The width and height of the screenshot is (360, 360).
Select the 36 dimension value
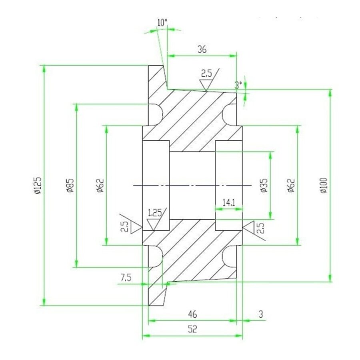(x=202, y=49)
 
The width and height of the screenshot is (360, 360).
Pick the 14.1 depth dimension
(x=228, y=203)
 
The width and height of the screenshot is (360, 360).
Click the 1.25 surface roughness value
(x=155, y=212)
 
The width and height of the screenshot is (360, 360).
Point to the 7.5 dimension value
(x=126, y=277)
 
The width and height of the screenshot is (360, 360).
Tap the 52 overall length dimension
(x=192, y=329)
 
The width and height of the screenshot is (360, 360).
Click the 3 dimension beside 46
(x=260, y=314)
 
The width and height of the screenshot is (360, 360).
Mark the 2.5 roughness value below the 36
(x=206, y=73)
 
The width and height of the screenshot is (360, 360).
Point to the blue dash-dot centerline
(x=192, y=186)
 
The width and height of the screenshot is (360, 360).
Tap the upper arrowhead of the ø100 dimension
(x=330, y=93)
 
